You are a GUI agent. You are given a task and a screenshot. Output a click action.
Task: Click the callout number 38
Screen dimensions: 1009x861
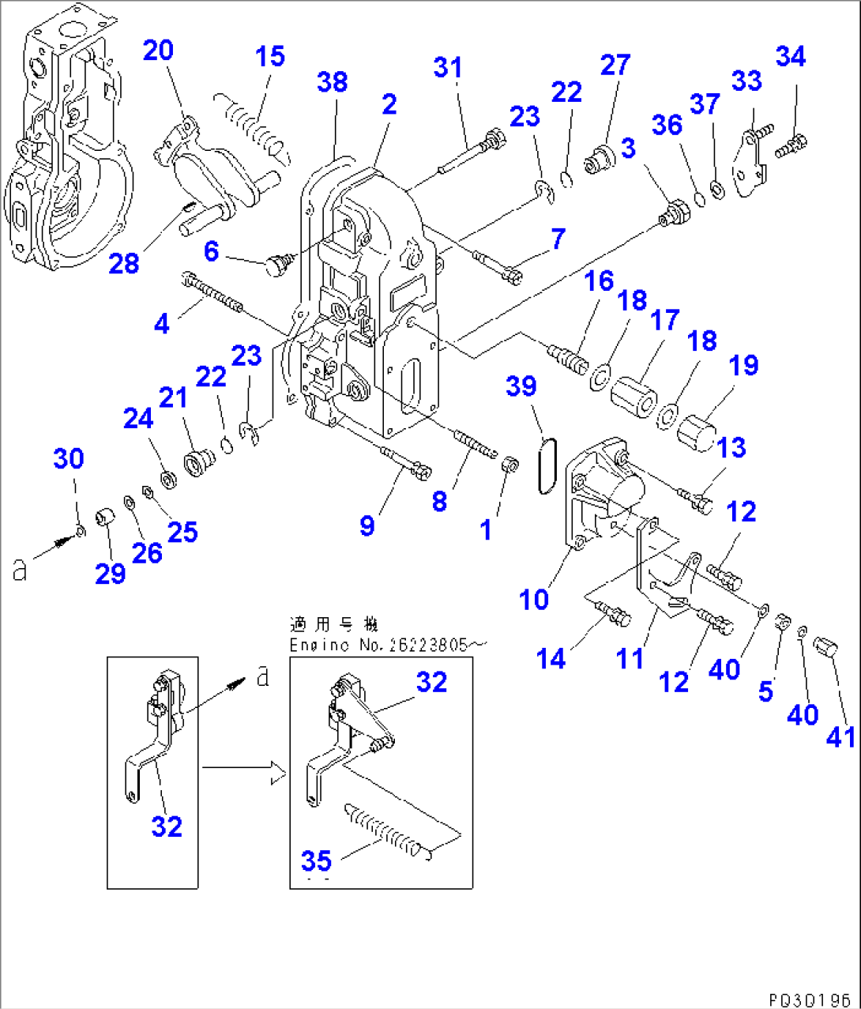[333, 81]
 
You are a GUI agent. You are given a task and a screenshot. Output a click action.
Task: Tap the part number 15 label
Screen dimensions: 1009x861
[269, 57]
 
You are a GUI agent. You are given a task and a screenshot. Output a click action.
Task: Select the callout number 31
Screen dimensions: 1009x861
[448, 68]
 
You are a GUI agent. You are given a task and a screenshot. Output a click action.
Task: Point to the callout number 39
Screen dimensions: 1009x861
[521, 386]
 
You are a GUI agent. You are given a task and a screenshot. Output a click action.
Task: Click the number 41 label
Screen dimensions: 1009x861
[840, 736]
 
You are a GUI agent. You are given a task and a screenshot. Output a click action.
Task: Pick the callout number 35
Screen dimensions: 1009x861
[316, 860]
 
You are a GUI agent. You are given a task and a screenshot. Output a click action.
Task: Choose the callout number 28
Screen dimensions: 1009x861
[124, 263]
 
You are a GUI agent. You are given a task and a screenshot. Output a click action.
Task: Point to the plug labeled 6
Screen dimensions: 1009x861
[276, 265]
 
